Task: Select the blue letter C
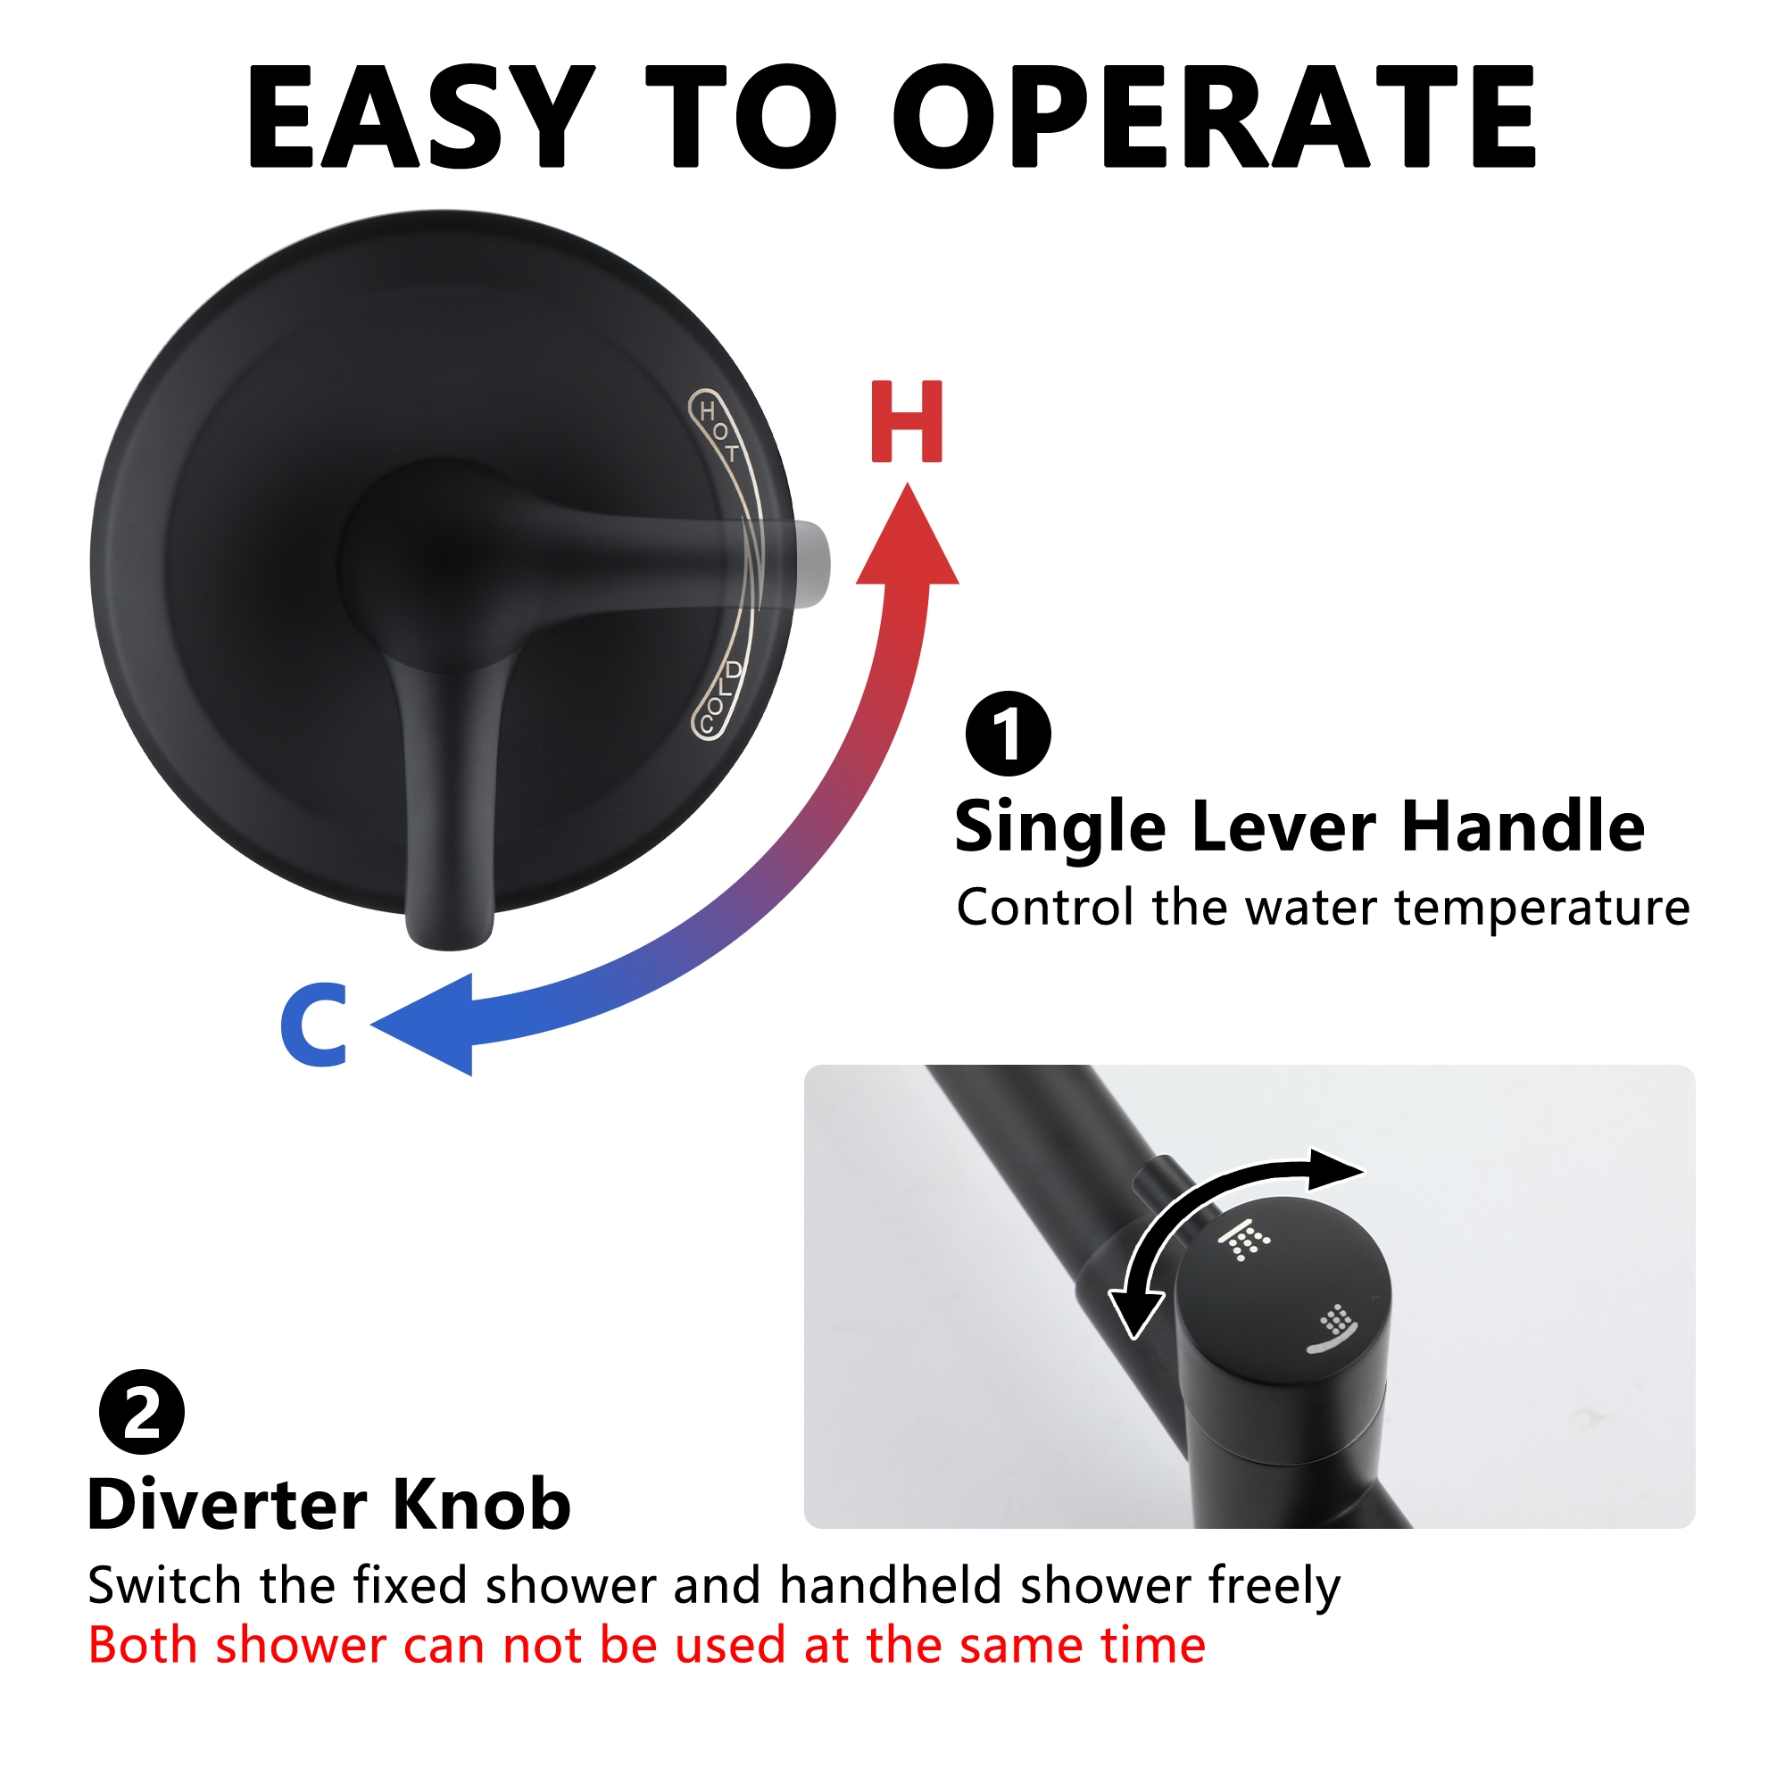[x=315, y=1025]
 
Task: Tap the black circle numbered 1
[x=1008, y=734]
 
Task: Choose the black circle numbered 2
[x=141, y=1412]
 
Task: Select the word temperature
[x=1542, y=909]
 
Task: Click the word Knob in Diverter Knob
[x=481, y=1505]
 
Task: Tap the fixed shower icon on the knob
[x=1244, y=1241]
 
